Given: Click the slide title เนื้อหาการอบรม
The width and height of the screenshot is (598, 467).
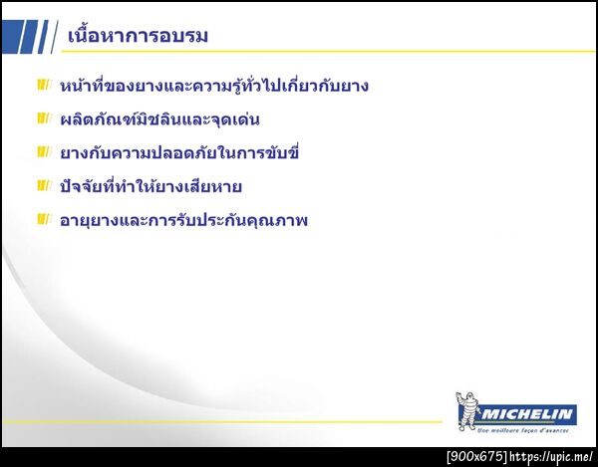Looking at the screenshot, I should point(138,37).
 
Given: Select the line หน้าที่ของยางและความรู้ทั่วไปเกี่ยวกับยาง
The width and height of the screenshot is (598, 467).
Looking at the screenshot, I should point(214,86).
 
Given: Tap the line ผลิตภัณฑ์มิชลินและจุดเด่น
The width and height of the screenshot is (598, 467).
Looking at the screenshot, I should point(159,120).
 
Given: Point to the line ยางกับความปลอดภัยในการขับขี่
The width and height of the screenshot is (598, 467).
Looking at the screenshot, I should point(179,153).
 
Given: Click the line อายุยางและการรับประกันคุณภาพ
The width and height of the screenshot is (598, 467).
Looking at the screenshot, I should point(184,220).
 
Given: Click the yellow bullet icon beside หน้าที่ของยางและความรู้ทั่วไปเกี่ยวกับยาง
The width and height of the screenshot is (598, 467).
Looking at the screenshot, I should point(43,85).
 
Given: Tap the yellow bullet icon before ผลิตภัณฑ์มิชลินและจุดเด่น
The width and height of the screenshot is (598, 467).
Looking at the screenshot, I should point(43,118).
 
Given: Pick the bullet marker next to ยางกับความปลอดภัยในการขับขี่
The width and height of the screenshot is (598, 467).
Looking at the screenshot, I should point(43,152).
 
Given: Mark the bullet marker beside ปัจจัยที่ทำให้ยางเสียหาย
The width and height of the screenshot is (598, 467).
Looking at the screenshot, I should point(43,185).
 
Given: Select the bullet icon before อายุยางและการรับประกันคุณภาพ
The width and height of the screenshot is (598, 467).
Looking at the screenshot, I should point(43,218).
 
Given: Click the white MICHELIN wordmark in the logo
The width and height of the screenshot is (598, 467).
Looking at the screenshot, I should point(528,413).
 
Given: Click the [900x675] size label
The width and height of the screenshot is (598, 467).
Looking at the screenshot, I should point(476,457).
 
